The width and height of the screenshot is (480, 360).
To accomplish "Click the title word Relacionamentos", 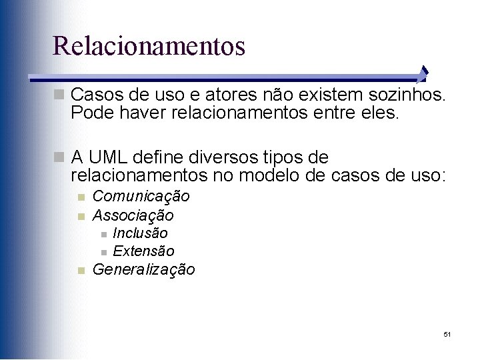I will tap(149, 46).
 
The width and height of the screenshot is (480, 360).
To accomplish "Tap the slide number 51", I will tap(447, 333).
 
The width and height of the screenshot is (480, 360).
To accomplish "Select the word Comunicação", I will tap(141, 197).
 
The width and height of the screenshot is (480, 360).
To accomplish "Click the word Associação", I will tap(133, 215).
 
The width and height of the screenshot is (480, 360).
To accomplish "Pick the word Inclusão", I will tap(140, 233).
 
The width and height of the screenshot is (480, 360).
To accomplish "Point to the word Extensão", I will tap(143, 251).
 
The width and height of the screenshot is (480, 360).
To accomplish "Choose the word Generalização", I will tap(143, 270).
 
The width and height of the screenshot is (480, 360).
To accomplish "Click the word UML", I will tap(107, 158).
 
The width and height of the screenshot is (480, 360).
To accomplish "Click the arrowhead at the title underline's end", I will tap(425, 74).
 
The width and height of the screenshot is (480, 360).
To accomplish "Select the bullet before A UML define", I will tap(61, 158).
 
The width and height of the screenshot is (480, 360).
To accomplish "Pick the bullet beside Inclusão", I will tap(103, 234).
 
